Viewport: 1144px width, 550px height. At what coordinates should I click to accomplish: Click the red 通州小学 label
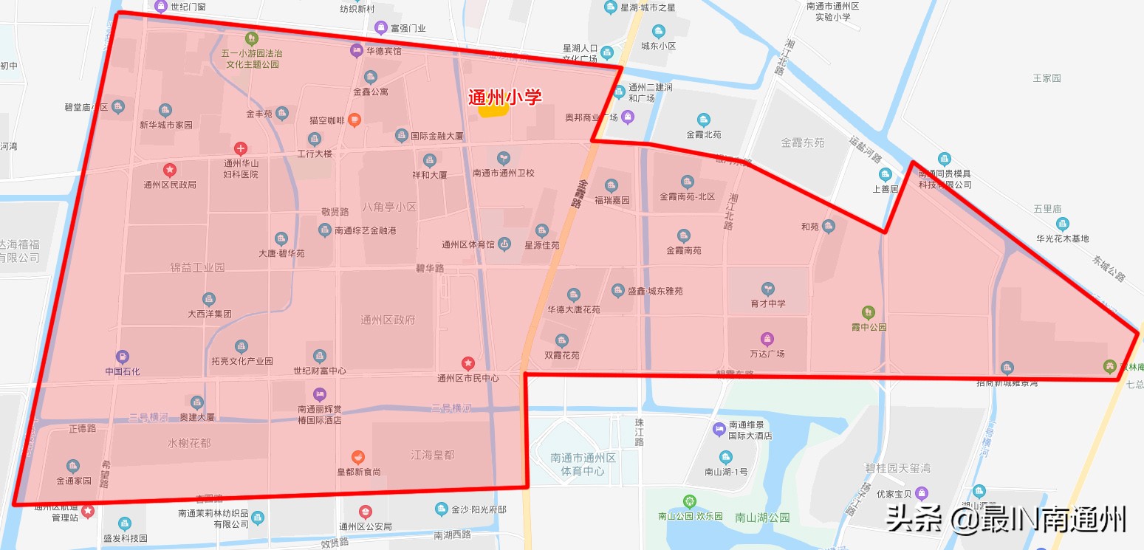tap(505, 97)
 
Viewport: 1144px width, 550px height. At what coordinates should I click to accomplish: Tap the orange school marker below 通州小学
tap(493, 111)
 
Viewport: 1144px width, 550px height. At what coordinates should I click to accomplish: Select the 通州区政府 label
tap(388, 320)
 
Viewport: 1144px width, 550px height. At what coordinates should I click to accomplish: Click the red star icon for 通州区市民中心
tap(467, 363)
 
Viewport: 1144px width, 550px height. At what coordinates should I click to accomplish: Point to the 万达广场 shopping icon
tap(767, 339)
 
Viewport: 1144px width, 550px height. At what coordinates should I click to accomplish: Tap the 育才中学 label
tap(767, 303)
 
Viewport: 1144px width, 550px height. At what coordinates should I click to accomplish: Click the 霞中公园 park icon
tap(868, 312)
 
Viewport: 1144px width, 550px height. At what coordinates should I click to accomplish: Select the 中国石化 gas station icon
tap(123, 357)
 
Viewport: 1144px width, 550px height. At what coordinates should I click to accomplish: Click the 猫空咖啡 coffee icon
tap(354, 120)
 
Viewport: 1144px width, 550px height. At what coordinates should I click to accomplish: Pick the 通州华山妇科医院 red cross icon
tap(241, 148)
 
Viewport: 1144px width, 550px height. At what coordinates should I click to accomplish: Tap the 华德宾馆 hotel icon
tap(356, 51)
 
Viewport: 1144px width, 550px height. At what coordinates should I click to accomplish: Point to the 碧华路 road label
tap(430, 268)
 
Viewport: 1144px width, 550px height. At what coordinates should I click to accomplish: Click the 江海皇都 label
tap(433, 455)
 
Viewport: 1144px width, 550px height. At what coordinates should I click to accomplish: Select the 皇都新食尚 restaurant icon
tap(358, 457)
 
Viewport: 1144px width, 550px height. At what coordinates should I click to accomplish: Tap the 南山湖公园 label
tap(762, 518)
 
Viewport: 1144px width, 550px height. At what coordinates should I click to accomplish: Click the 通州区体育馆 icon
tap(504, 243)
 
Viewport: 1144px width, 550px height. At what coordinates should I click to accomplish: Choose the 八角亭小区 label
tap(389, 207)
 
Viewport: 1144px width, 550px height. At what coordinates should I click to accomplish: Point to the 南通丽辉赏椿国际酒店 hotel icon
tap(319, 393)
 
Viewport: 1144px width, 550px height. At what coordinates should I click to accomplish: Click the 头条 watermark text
tap(914, 519)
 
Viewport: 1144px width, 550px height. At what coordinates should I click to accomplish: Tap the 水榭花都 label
tap(188, 443)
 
